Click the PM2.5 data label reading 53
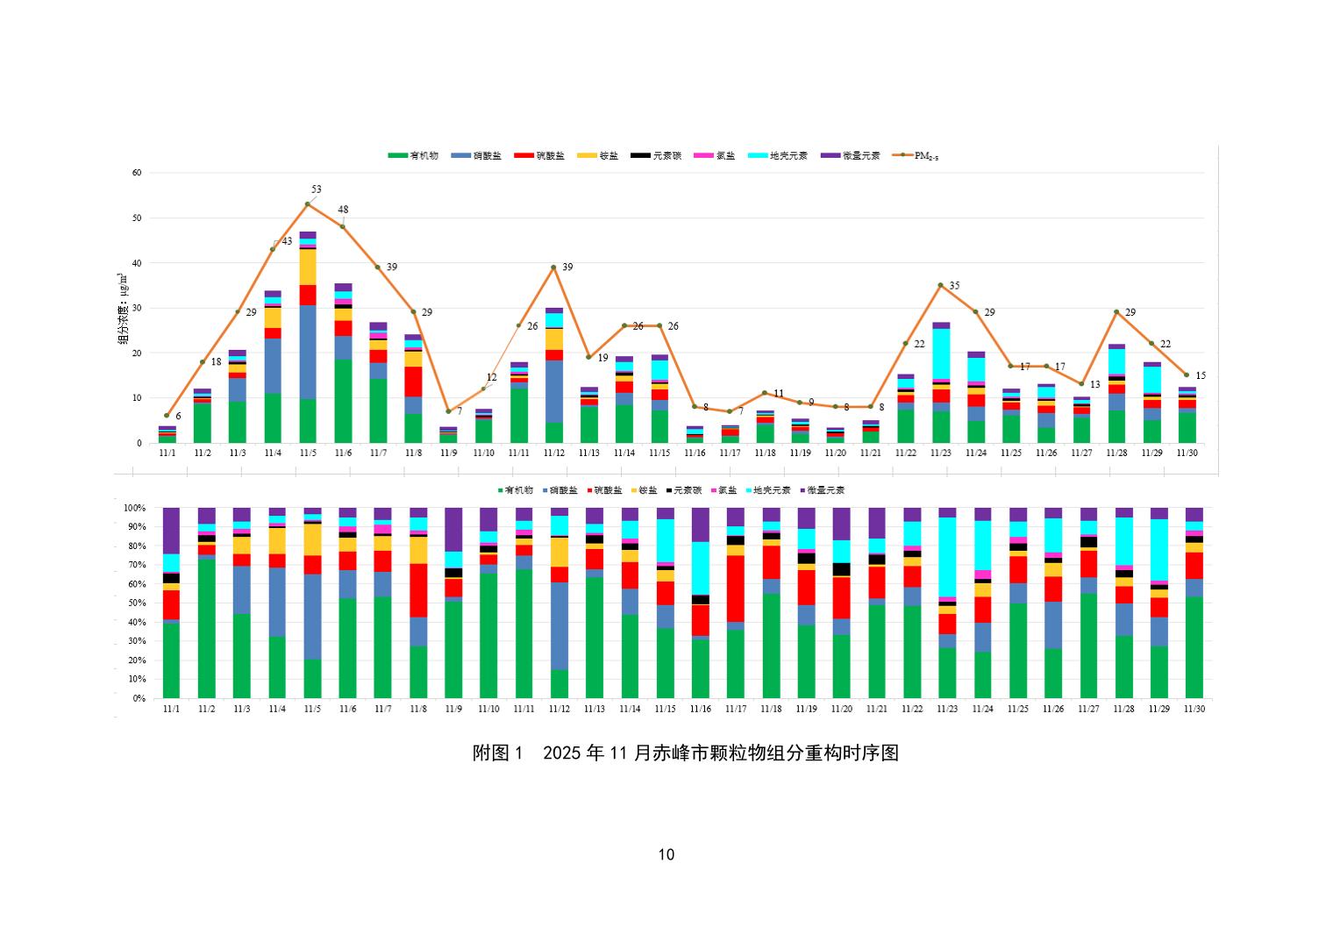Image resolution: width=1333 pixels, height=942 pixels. tap(316, 189)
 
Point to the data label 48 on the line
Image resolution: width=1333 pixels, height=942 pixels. tap(343, 210)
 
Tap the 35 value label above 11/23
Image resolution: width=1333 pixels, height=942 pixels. tap(954, 286)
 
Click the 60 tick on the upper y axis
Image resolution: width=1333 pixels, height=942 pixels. tap(137, 173)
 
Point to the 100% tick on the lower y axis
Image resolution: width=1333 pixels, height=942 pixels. tap(134, 508)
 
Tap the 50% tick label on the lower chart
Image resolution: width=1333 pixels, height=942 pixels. tap(137, 603)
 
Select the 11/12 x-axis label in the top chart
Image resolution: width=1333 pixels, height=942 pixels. tap(553, 453)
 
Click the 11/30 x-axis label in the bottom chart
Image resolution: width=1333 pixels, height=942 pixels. tap(1194, 709)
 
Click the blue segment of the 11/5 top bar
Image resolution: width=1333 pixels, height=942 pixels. tap(308, 352)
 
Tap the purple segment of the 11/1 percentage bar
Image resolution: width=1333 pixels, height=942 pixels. tap(171, 530)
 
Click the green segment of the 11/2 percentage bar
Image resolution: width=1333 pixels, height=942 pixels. tap(207, 628)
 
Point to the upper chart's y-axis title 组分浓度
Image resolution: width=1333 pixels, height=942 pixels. tap(121, 307)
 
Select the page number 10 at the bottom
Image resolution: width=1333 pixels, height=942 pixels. tap(666, 855)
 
